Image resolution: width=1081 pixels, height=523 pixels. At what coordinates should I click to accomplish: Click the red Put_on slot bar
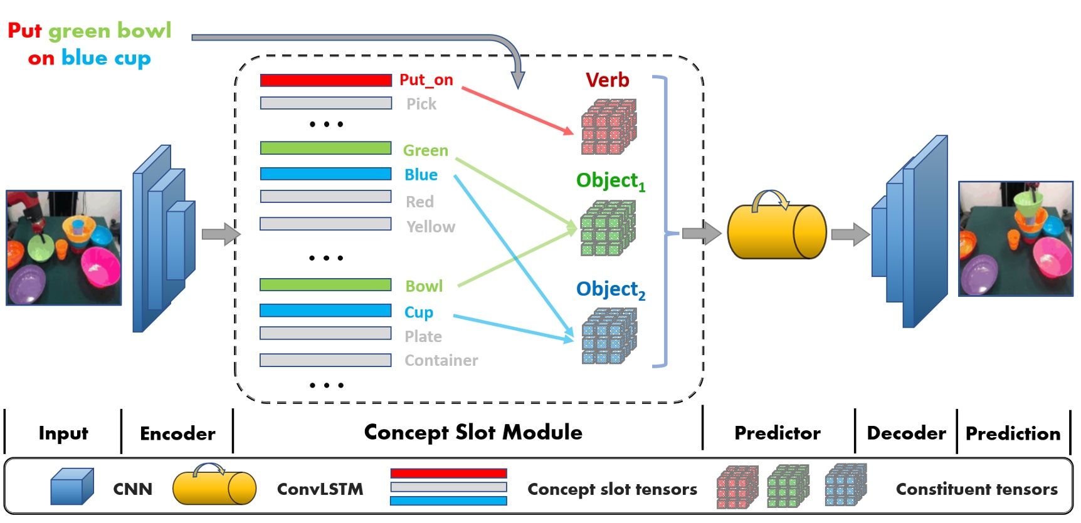tap(325, 80)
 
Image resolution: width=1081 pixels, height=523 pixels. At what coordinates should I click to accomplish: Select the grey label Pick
tap(421, 104)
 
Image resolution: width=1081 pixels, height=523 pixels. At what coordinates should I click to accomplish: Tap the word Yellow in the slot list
tap(430, 227)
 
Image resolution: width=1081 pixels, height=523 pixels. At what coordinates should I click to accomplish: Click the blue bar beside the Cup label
tap(325, 311)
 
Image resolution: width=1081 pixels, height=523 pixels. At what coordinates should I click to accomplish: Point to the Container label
tap(441, 361)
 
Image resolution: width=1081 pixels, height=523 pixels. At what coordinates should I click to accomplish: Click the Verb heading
tap(607, 80)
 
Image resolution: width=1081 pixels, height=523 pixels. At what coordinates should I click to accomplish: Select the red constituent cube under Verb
tap(608, 127)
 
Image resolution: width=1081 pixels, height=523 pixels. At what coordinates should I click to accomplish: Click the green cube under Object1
tap(608, 228)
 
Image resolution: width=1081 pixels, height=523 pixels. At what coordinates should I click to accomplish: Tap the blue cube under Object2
tap(608, 336)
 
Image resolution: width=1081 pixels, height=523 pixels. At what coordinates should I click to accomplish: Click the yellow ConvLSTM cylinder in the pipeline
tap(776, 232)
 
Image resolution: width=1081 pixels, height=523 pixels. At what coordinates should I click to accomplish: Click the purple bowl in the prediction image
tap(979, 275)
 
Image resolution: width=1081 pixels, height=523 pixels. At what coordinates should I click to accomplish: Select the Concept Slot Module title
tap(473, 432)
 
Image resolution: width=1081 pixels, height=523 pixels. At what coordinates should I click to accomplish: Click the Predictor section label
tap(777, 433)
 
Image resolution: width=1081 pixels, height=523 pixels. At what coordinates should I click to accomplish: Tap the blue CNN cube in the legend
tap(71, 487)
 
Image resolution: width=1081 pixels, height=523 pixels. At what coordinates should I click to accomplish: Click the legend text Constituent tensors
tap(976, 489)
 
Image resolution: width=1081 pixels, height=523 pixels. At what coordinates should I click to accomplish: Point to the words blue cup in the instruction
tap(105, 58)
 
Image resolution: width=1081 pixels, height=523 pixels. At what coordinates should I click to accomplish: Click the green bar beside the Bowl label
tap(325, 285)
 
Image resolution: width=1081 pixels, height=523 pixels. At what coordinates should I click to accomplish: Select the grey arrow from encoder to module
tap(220, 234)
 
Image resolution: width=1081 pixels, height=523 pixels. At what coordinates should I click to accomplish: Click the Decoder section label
tap(906, 433)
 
